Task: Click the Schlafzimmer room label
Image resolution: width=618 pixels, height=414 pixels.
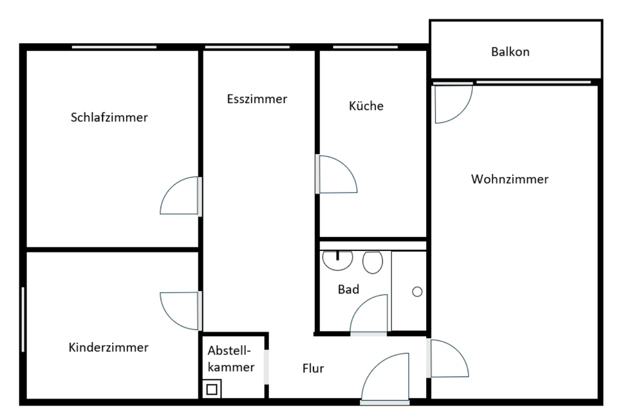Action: (109, 117)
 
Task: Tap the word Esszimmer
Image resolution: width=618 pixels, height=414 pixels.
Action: (257, 99)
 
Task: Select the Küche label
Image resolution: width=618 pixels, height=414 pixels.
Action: (366, 106)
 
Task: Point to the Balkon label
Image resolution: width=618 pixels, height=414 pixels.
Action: (510, 52)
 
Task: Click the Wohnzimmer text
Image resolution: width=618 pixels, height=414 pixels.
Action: (509, 179)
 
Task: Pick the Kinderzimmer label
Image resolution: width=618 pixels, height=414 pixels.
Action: (108, 348)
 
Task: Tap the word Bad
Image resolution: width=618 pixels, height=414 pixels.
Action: (348, 290)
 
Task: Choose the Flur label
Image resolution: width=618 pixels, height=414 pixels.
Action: (313, 369)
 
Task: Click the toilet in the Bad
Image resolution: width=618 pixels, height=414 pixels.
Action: (373, 262)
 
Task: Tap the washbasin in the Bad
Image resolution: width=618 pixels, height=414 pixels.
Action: (337, 259)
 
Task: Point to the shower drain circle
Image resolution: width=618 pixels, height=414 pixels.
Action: (417, 292)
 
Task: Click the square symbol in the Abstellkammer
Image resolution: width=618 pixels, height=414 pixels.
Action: (211, 389)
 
